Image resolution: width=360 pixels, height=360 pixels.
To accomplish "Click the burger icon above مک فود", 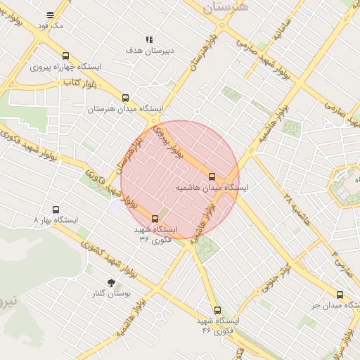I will tap(50, 15).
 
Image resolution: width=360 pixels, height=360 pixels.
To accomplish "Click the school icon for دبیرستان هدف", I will tap(148, 40).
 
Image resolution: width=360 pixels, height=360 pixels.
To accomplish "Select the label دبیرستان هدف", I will tap(149, 51).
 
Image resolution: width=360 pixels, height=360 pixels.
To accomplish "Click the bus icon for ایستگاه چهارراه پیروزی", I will tap(65, 56).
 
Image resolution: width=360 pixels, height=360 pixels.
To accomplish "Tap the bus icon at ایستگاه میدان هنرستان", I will tap(126, 98).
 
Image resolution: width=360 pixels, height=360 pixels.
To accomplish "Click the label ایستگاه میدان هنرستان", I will tap(126, 110).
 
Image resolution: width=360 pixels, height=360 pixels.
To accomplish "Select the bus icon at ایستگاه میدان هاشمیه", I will tap(212, 176).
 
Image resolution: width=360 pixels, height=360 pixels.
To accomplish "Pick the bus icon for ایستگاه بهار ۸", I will tap(56, 210).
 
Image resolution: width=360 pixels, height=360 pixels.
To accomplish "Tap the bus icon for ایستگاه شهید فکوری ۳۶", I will tap(155, 218).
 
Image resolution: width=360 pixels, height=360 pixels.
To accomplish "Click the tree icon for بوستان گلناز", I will tap(110, 283).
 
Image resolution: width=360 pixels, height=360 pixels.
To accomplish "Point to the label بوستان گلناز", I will tap(110, 293).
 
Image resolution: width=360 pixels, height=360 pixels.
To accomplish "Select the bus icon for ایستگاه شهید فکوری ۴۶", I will tap(217, 309).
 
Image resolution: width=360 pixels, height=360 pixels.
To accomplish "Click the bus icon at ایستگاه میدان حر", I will tap(340, 295).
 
